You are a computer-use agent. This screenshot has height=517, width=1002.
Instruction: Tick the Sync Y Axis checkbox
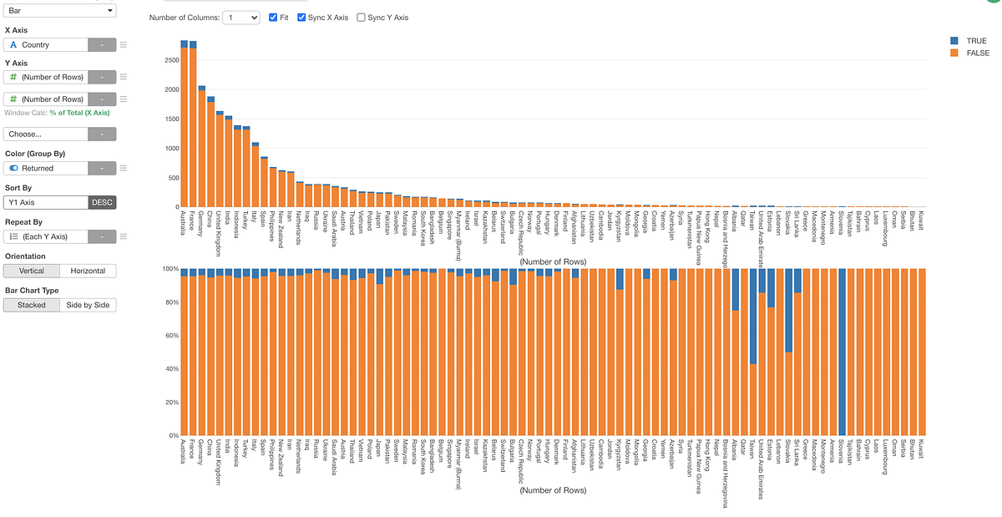click(361, 18)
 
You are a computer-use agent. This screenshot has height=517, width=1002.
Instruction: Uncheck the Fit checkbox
click(275, 18)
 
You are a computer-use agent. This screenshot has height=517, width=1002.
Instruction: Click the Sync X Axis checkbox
click(302, 18)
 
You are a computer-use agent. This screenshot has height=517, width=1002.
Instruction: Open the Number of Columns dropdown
click(240, 18)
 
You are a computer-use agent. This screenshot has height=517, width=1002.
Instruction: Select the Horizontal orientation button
click(88, 271)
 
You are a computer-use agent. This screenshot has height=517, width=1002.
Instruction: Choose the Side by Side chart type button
click(88, 305)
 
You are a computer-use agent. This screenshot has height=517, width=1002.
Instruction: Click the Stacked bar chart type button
click(32, 305)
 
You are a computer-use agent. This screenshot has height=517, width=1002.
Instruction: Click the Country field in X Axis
click(46, 45)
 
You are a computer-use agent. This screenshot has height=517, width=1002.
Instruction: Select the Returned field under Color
click(46, 168)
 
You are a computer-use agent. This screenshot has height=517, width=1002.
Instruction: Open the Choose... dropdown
click(46, 134)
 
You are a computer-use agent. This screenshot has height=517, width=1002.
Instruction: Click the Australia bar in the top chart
click(185, 125)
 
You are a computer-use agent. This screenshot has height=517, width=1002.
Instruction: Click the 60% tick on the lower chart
click(170, 336)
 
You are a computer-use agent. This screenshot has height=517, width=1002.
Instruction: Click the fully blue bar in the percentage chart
click(843, 351)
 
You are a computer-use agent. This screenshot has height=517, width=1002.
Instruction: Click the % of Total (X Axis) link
click(79, 113)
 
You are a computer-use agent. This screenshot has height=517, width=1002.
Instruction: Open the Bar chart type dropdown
click(60, 10)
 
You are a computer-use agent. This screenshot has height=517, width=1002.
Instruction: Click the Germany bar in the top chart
click(202, 146)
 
